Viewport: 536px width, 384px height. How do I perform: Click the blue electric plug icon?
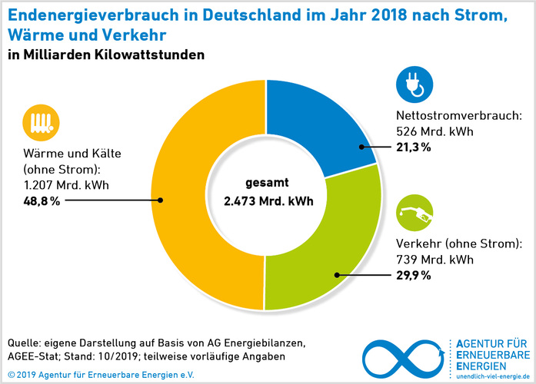pyautogui.click(x=414, y=85)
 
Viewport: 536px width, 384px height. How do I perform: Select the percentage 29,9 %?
pyautogui.click(x=413, y=274)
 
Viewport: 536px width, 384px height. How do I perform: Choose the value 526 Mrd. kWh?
pyautogui.click(x=434, y=131)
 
